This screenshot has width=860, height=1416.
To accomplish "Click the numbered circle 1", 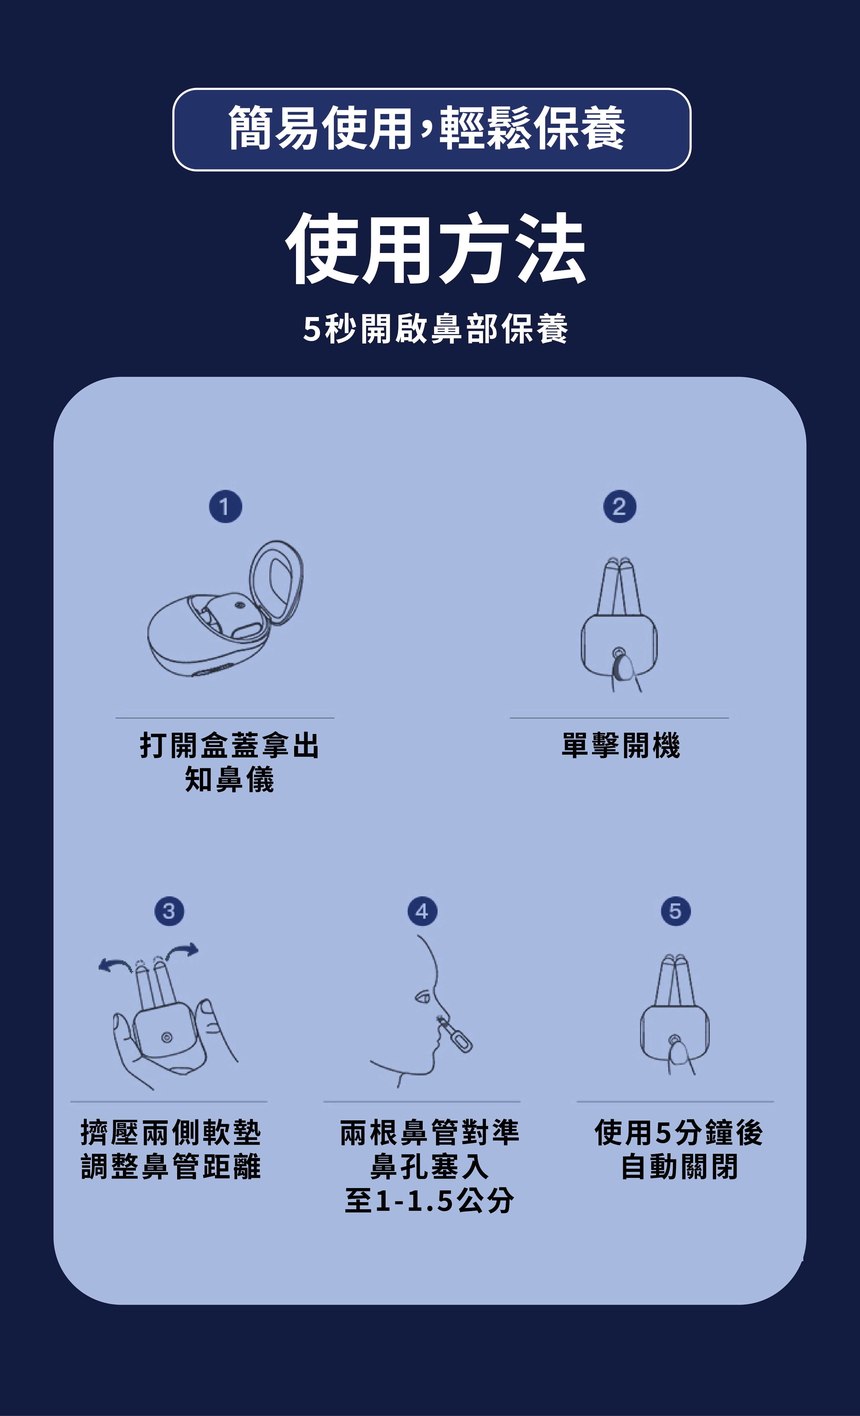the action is [x=225, y=506].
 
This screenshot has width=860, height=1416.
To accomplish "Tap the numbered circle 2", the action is [x=619, y=506].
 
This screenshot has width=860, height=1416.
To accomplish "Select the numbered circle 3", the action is [x=169, y=911].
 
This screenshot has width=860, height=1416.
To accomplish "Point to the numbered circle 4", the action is [x=422, y=911].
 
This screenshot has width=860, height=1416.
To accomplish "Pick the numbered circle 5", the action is [x=676, y=911].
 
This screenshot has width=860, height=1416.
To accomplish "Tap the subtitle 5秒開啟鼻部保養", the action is [x=435, y=329].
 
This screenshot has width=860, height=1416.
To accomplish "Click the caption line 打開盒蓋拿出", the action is [x=229, y=745].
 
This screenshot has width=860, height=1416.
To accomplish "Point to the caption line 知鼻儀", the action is [x=229, y=779].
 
